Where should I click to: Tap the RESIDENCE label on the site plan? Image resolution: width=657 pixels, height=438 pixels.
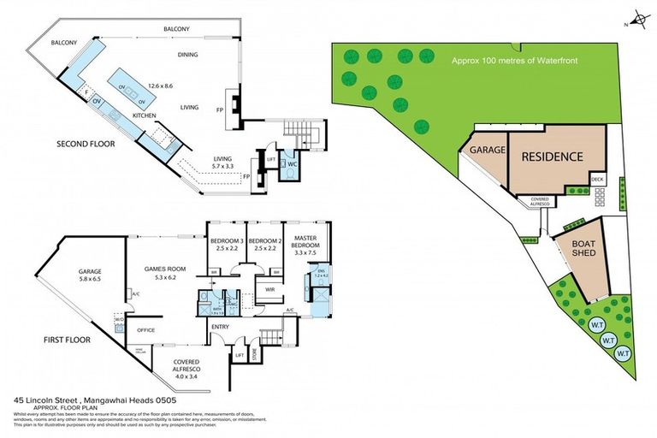pyautogui.click(x=552, y=157)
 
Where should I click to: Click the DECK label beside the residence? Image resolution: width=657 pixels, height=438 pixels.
pyautogui.click(x=597, y=180)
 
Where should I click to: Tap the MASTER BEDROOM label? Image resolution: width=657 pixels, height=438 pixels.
pyautogui.click(x=306, y=242)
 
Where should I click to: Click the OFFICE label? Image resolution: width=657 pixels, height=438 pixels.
pyautogui.click(x=145, y=330)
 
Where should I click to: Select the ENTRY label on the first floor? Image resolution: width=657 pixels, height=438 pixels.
pyautogui.click(x=220, y=327)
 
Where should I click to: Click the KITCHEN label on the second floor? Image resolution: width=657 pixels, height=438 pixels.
pyautogui.click(x=143, y=115)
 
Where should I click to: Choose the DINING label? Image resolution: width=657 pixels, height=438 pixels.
pyautogui.click(x=187, y=55)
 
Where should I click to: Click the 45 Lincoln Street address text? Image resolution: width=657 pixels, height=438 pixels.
pyautogui.click(x=63, y=399)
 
